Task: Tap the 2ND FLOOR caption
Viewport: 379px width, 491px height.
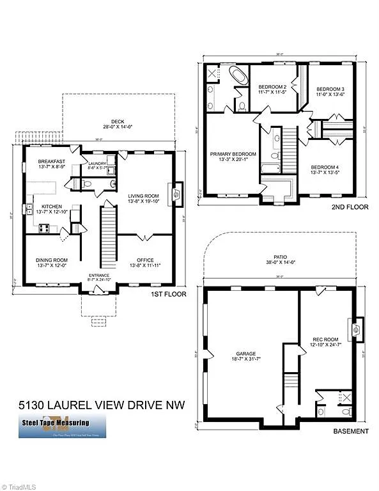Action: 350,208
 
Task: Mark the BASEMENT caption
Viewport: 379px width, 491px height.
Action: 351,431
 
